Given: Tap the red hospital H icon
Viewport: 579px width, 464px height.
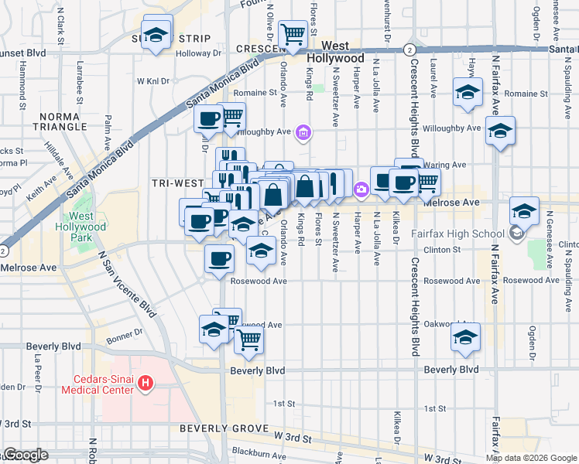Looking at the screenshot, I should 147,384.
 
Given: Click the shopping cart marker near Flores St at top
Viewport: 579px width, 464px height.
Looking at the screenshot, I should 293,34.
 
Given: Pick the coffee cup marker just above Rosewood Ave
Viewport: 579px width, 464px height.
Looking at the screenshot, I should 218,258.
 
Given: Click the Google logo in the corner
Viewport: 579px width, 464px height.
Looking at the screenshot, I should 25,455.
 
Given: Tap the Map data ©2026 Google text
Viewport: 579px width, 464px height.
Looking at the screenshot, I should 530,458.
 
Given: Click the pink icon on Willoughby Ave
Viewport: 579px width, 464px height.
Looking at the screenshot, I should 304,134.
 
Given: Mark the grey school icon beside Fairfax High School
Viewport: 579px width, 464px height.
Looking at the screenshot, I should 516,233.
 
